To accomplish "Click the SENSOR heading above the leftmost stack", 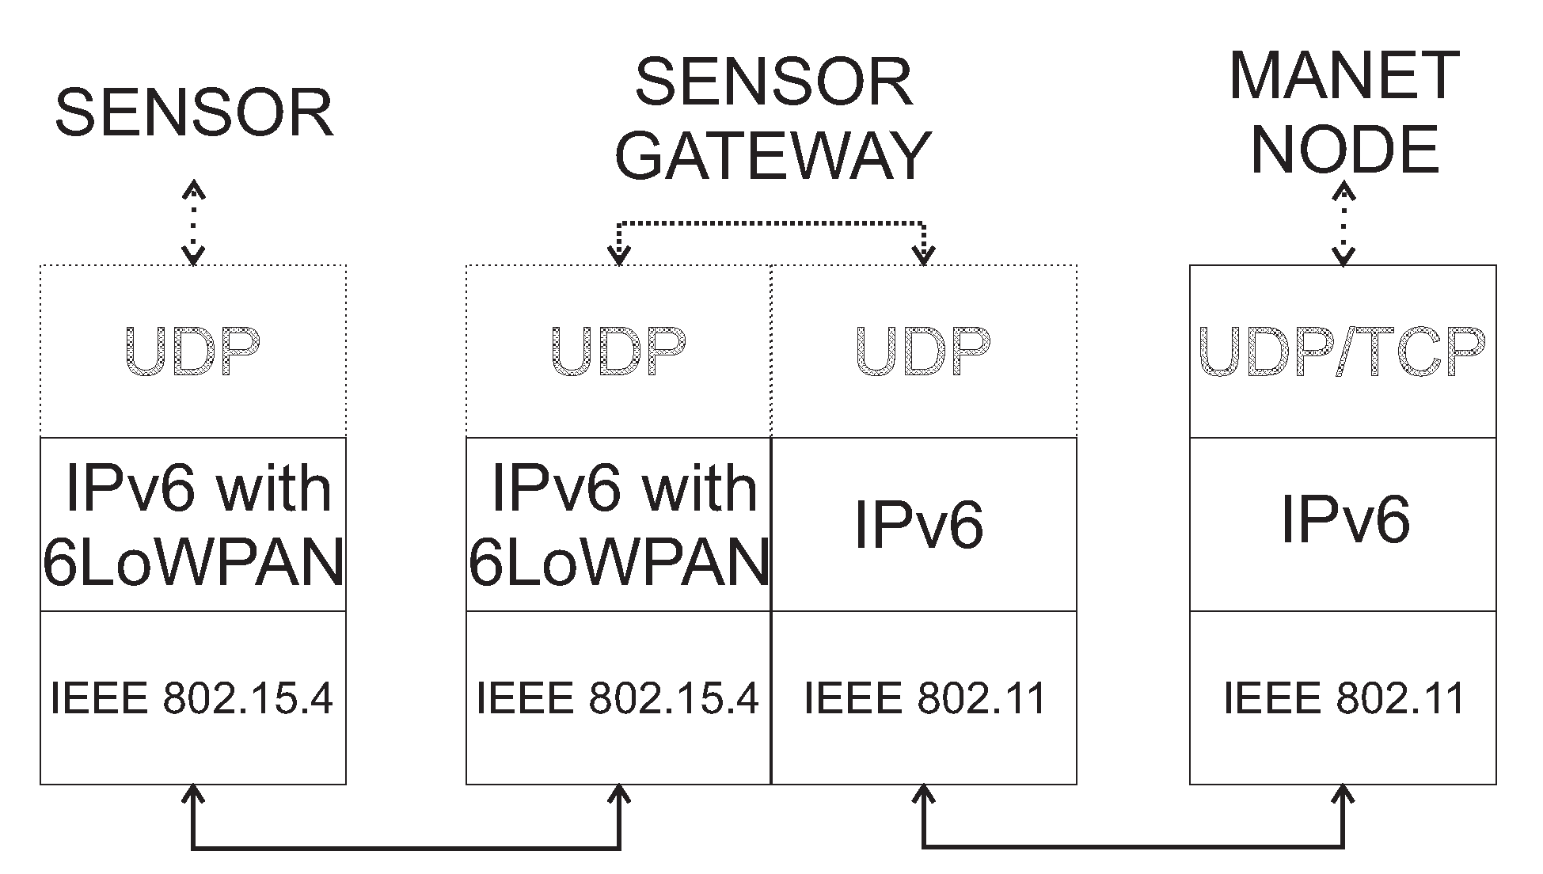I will coord(194,113).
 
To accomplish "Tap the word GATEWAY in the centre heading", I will coord(773,154).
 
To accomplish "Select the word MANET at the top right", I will coord(1343,76).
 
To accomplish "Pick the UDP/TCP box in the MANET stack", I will coord(1343,351).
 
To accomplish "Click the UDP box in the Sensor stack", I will coord(193,351).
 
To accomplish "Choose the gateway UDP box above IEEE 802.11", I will coord(923,351).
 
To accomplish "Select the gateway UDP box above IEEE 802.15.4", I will coord(618,351).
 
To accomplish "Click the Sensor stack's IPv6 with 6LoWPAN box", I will coord(193,525).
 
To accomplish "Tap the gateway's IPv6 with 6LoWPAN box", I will coord(618,525).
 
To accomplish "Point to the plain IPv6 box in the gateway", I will coord(923,525).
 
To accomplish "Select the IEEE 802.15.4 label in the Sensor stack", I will coord(192,698).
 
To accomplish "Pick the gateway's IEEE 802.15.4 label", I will coord(618,698).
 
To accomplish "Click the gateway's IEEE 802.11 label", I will coord(924,698).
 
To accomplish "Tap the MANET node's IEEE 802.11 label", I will coord(1343,698).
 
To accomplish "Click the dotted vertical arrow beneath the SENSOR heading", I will coord(194,222).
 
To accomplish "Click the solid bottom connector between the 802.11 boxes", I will coord(1132,846).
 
